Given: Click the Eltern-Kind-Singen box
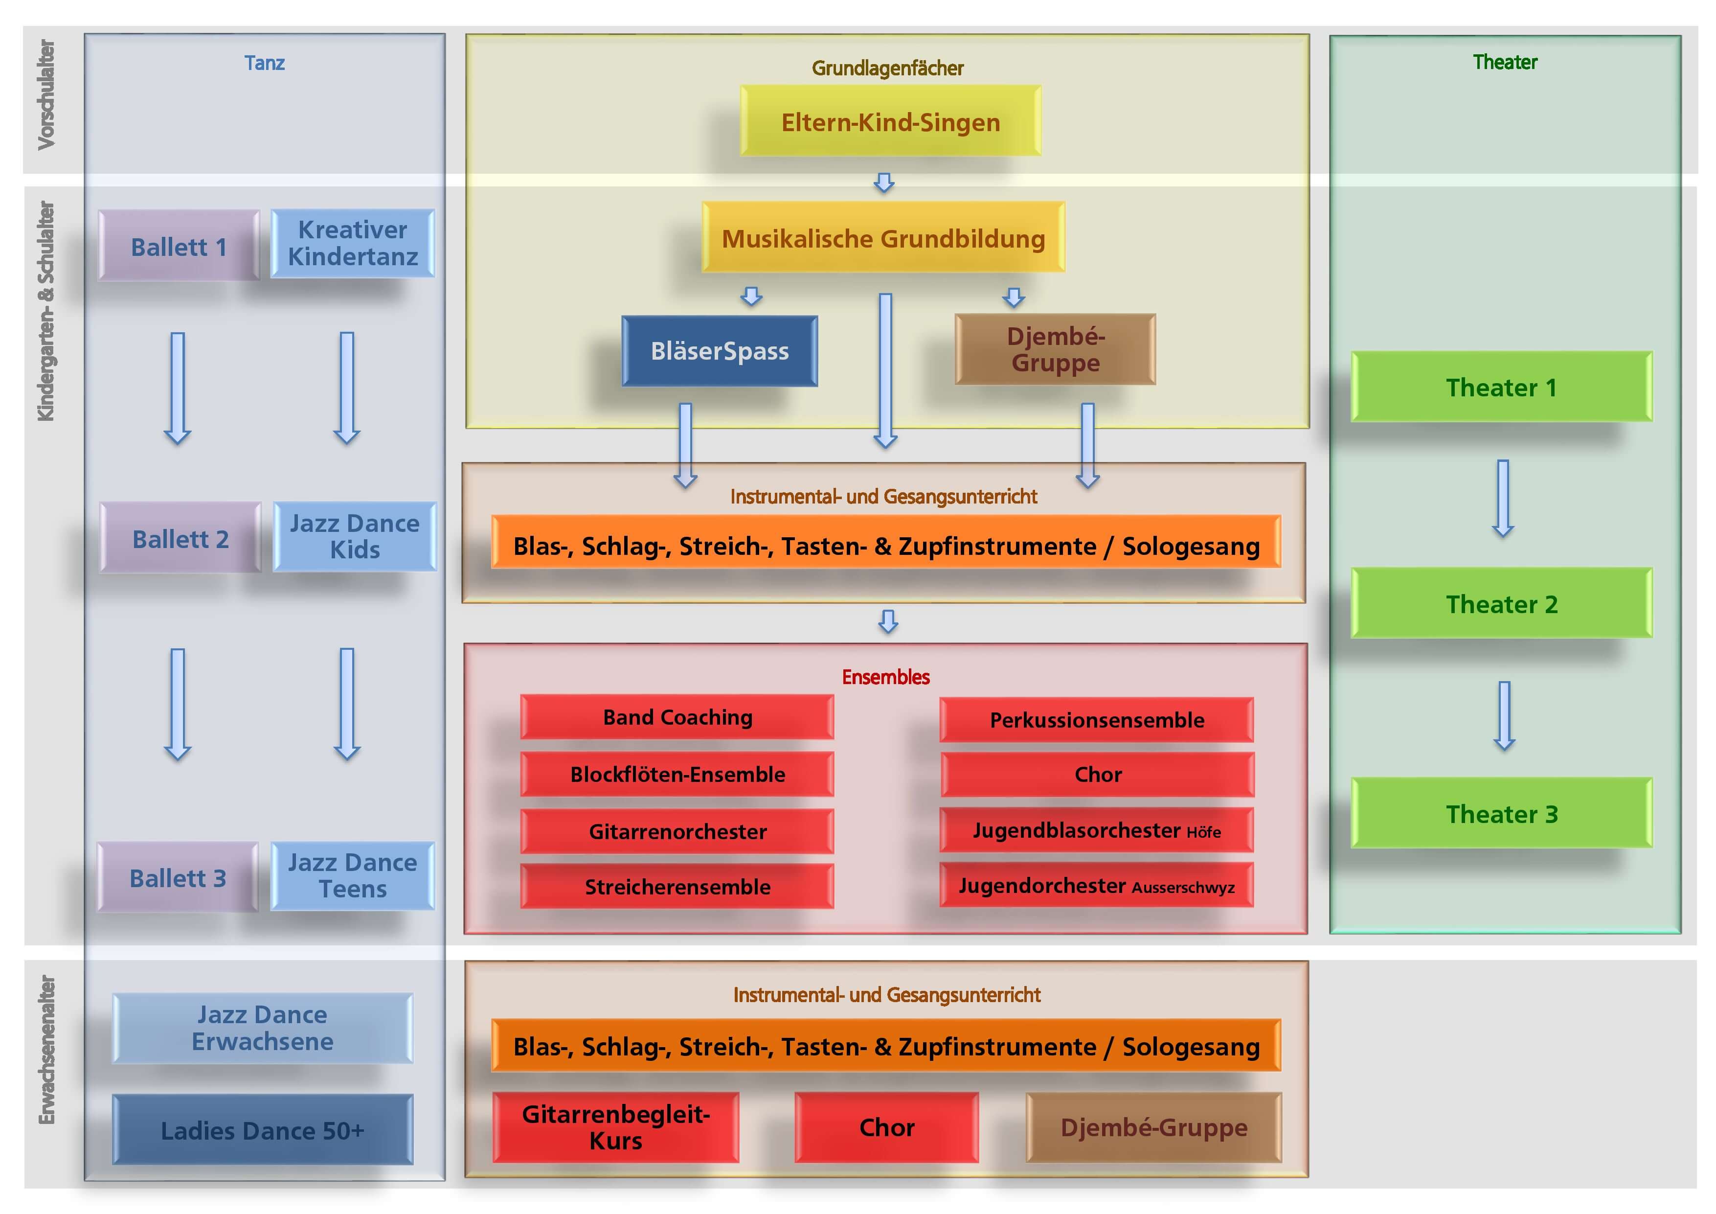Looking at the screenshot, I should click(890, 121).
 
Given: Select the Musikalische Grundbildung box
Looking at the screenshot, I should click(882, 238).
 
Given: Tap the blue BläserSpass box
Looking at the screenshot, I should click(719, 350).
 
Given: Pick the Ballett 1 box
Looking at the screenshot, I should click(179, 246).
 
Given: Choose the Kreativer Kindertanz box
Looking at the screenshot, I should click(352, 243).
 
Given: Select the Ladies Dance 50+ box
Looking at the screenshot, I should click(262, 1129).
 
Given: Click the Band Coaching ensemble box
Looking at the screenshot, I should click(677, 717).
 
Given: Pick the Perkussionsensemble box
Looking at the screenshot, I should click(1096, 720).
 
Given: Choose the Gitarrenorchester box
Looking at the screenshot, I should click(677, 831).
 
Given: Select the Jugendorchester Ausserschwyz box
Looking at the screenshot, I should click(1096, 886).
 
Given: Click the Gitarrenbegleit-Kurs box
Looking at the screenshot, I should click(615, 1126).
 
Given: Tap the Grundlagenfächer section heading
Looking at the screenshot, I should click(887, 68).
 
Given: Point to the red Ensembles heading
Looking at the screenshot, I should click(886, 677).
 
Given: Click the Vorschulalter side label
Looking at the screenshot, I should click(46, 95).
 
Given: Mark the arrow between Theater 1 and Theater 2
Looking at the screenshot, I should click(1502, 498).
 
